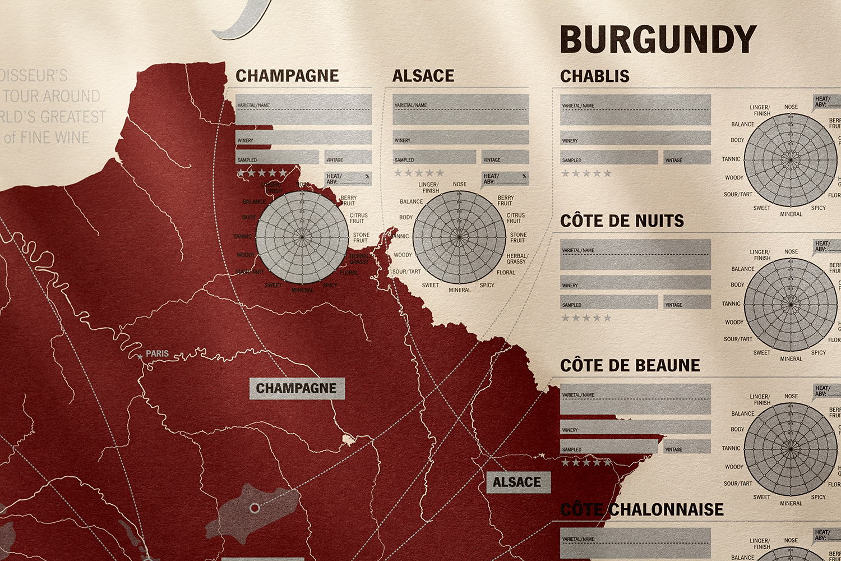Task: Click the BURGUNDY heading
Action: point(658,39)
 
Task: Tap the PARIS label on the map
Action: point(157,353)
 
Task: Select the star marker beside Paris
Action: point(140,356)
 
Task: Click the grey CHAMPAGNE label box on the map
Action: point(296,388)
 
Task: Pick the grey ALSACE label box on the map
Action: point(517,482)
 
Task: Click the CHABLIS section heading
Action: point(594,76)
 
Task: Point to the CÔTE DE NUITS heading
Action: point(622,220)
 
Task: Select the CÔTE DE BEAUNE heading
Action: point(630,365)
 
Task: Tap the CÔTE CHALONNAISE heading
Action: point(642,509)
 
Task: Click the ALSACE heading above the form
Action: point(423,76)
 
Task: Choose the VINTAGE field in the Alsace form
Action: point(505,157)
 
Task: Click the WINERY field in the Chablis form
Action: point(635,138)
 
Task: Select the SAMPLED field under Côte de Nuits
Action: point(608,302)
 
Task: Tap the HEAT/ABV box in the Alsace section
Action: point(505,178)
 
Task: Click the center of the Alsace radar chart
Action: point(459,237)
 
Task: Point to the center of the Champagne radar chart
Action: point(302,237)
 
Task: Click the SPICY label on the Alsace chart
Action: point(487,285)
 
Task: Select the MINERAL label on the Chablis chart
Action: point(791,214)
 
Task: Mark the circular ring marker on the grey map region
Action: point(255,508)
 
